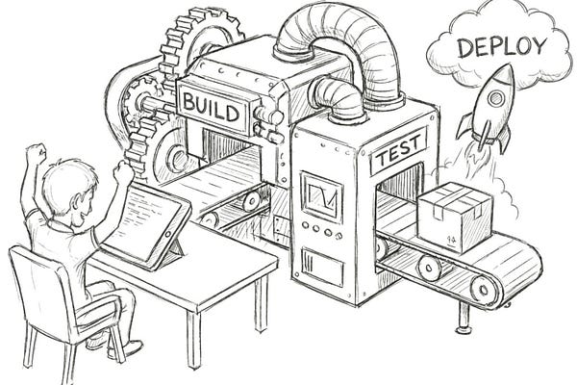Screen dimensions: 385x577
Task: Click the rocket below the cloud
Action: pyautogui.click(x=489, y=104)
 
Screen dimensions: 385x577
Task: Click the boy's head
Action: pyautogui.click(x=71, y=186)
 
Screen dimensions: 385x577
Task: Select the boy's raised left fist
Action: pyautogui.click(x=36, y=152)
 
